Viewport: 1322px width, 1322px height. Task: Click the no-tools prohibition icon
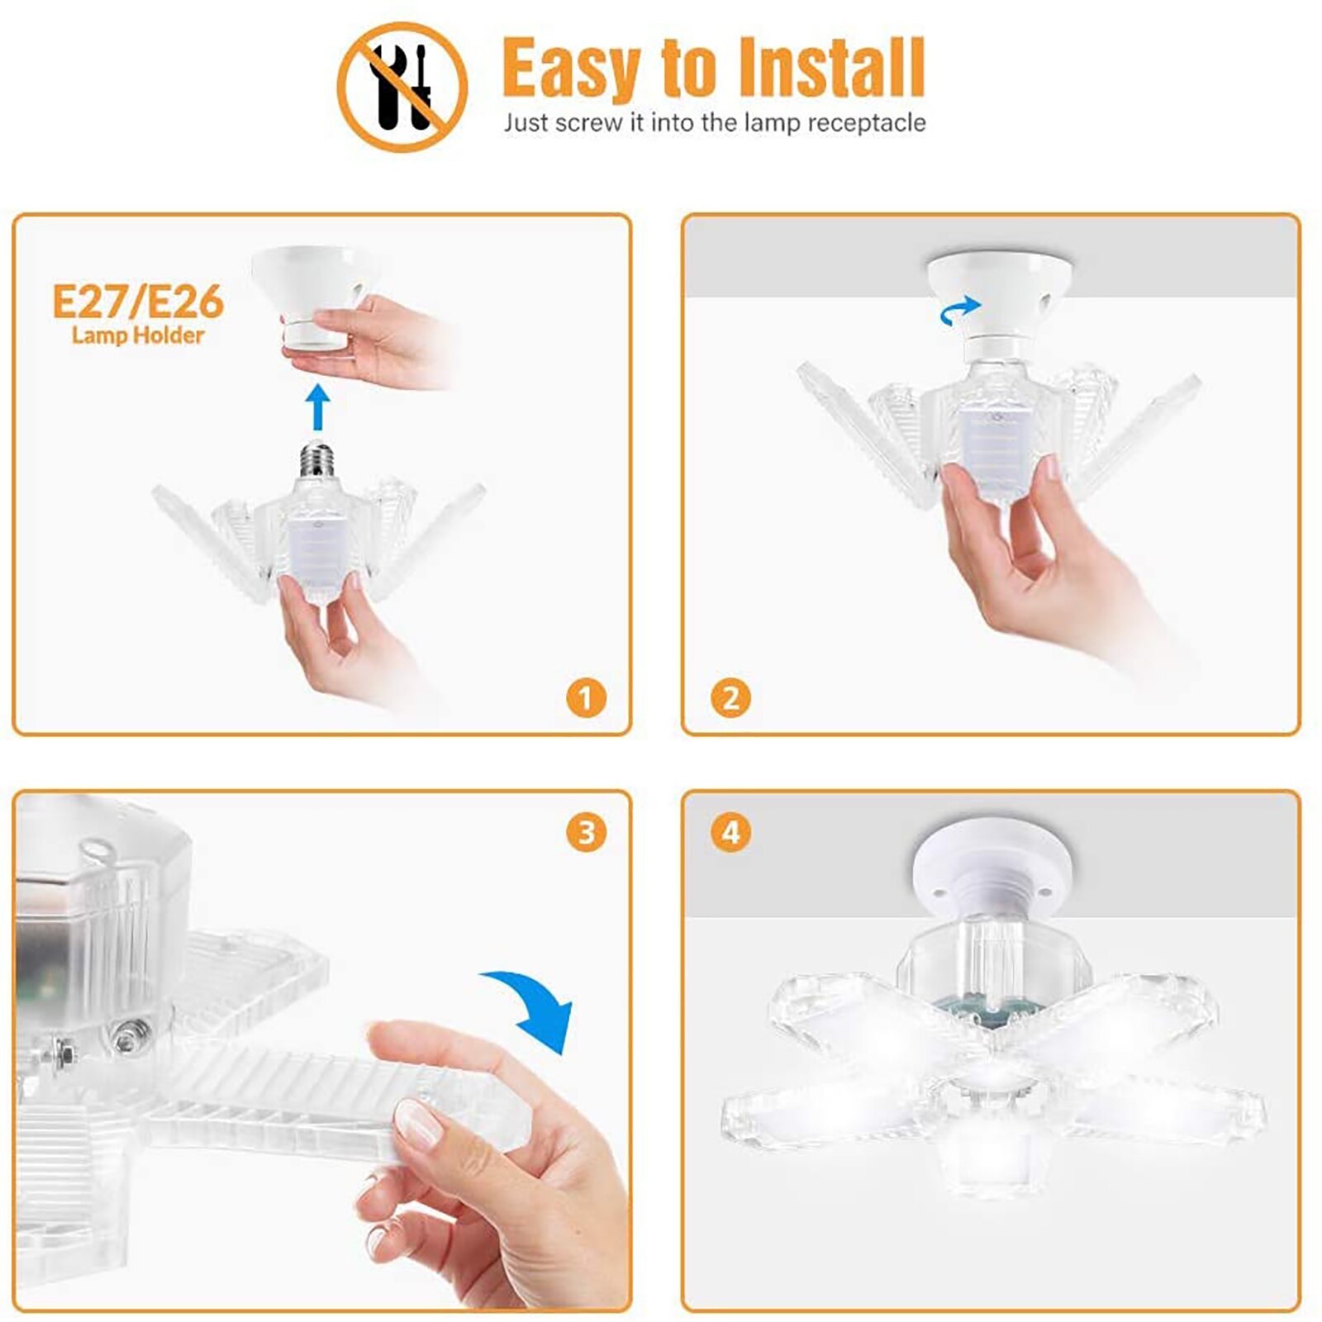[402, 87]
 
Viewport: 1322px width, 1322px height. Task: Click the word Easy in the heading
[570, 70]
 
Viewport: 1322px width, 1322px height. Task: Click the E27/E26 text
[138, 302]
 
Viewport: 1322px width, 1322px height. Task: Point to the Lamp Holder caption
[138, 335]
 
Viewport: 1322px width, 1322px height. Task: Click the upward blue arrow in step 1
[317, 406]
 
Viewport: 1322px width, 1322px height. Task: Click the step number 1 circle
[586, 698]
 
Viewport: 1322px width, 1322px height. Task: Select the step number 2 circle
[730, 698]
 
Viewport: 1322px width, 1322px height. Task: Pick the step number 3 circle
[586, 832]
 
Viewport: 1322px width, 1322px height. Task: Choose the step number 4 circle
[730, 832]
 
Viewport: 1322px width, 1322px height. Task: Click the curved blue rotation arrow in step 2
[960, 311]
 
